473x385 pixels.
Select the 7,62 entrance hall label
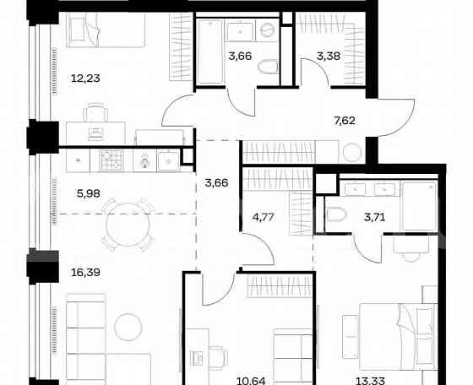coord(344,120)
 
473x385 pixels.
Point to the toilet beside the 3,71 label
coord(338,214)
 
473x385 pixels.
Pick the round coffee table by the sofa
coord(129,324)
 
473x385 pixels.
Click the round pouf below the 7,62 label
coord(351,153)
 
